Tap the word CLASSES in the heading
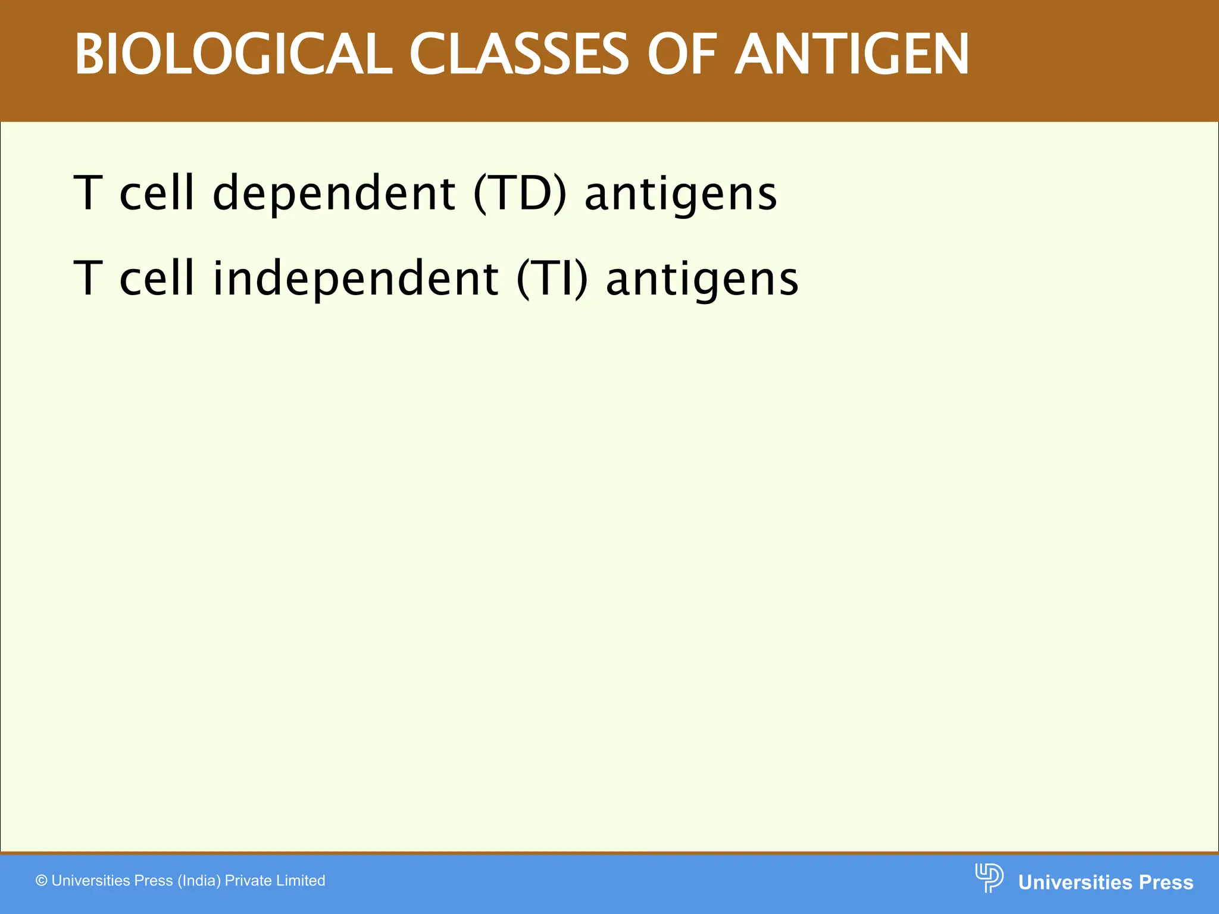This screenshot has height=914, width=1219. point(518,55)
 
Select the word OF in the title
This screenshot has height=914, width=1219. point(683,55)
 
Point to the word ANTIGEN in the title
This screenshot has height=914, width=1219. point(852,55)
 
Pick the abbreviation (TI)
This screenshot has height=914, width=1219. point(552,278)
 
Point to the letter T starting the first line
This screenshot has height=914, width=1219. point(88,194)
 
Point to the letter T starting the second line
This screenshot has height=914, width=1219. point(88,278)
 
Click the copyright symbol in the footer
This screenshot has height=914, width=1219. point(42,881)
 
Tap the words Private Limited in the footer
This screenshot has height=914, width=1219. point(275,881)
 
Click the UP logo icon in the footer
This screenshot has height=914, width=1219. point(989,878)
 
